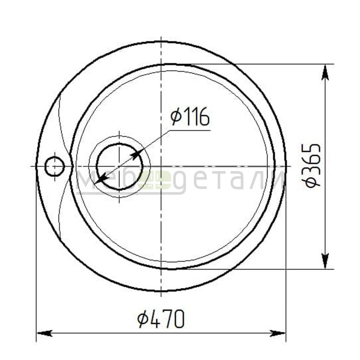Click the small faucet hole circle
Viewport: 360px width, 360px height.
coord(54,166)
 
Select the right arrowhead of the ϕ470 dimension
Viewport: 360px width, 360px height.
coord(278,333)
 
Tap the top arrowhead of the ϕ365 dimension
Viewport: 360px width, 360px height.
coord(325,73)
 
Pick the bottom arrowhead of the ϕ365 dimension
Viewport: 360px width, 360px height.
coord(325,261)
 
